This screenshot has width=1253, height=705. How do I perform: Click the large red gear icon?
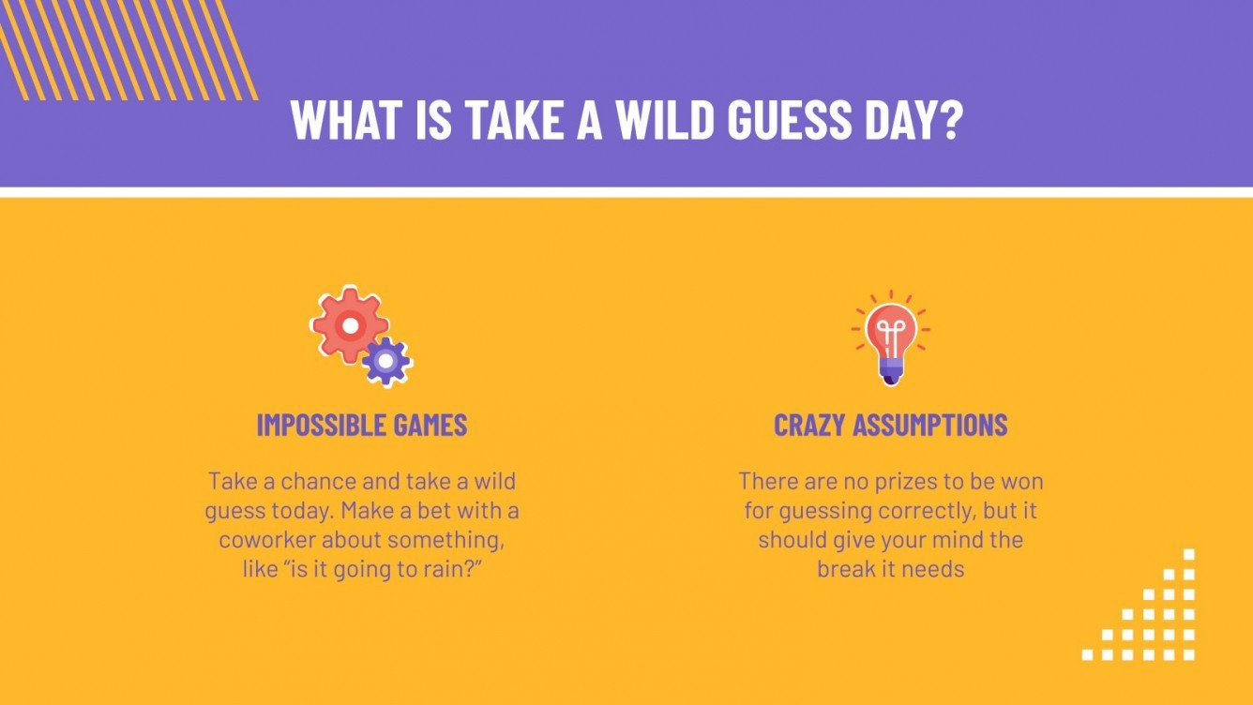coord(349,325)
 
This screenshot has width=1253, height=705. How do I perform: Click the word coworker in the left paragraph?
coord(263,540)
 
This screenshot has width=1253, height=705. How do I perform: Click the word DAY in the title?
coord(903,120)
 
